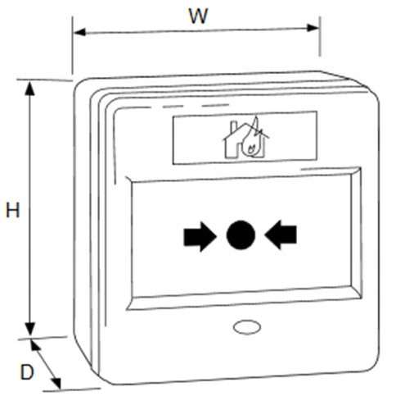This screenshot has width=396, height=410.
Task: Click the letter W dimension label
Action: [x=199, y=16]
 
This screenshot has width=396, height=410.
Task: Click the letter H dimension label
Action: [x=13, y=210]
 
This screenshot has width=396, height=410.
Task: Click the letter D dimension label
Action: [x=27, y=372]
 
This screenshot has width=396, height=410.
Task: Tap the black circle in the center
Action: [x=241, y=235]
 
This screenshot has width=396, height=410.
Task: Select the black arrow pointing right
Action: [x=200, y=236]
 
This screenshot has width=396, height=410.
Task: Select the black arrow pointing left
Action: [x=281, y=235]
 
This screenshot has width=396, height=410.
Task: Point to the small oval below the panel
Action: [x=247, y=327]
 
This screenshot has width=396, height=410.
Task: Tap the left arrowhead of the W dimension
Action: [x=79, y=32]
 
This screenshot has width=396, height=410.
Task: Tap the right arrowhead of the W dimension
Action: [x=313, y=28]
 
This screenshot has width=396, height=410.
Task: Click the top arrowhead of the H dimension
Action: [x=29, y=88]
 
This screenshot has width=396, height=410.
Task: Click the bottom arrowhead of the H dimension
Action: [x=29, y=328]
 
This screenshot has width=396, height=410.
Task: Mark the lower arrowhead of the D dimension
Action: [x=56, y=382]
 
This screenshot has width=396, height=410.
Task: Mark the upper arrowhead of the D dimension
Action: [x=34, y=344]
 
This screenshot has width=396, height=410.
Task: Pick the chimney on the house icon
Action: [x=234, y=126]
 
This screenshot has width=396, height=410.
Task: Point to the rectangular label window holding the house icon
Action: [x=245, y=138]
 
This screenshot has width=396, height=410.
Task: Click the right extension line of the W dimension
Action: [x=320, y=36]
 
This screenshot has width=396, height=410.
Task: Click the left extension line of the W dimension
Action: [x=72, y=45]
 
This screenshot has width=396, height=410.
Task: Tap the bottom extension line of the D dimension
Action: [x=72, y=389]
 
